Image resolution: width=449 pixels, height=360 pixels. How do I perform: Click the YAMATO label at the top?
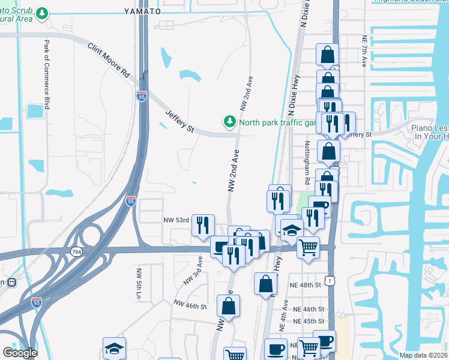[x=143, y=11]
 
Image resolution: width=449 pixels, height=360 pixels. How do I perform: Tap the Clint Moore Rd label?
[x=109, y=59]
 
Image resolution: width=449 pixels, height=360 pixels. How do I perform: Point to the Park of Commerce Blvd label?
[x=46, y=70]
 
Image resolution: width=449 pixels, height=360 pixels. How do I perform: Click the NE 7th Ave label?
[x=364, y=50]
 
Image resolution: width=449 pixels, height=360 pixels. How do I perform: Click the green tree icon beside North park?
[x=229, y=122]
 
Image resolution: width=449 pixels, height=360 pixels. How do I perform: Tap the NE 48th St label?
[x=306, y=284]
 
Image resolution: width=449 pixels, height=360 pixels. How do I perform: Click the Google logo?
[x=20, y=353]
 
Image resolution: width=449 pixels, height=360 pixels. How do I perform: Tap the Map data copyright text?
[x=423, y=355]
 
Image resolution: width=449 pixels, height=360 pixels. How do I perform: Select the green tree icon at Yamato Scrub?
[x=42, y=13]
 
